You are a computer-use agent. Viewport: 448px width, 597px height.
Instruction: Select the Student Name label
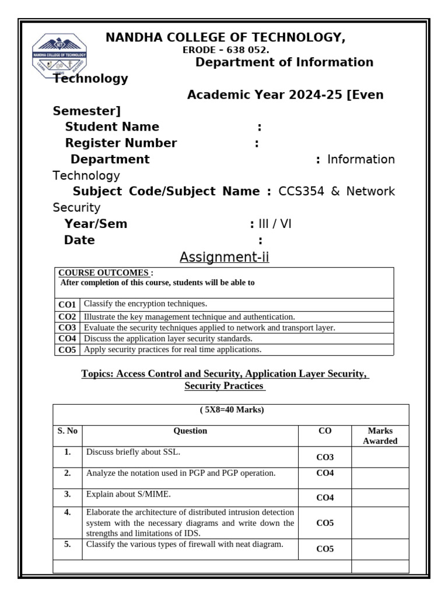click(112, 127)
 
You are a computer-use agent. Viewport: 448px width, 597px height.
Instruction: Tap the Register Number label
click(121, 143)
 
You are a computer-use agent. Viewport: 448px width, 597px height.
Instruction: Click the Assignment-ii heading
click(224, 257)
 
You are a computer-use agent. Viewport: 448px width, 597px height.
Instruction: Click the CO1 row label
click(67, 304)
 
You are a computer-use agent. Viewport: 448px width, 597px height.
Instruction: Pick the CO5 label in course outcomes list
click(67, 350)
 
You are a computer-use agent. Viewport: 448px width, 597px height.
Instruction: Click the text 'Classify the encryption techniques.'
click(145, 304)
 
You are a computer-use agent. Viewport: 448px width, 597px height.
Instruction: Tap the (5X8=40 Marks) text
click(232, 410)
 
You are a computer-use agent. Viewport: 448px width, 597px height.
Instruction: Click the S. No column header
click(67, 431)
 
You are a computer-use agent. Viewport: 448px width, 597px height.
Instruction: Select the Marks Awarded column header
click(380, 436)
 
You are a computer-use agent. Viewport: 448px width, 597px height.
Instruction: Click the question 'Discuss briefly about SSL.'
click(134, 452)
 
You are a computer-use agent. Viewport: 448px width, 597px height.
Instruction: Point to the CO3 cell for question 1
click(324, 458)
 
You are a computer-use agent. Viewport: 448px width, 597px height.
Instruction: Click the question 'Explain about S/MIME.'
click(129, 494)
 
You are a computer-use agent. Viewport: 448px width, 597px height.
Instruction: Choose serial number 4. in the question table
click(67, 512)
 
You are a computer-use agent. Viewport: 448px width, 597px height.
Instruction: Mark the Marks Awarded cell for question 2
click(380, 477)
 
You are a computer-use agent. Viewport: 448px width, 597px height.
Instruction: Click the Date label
click(79, 241)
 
